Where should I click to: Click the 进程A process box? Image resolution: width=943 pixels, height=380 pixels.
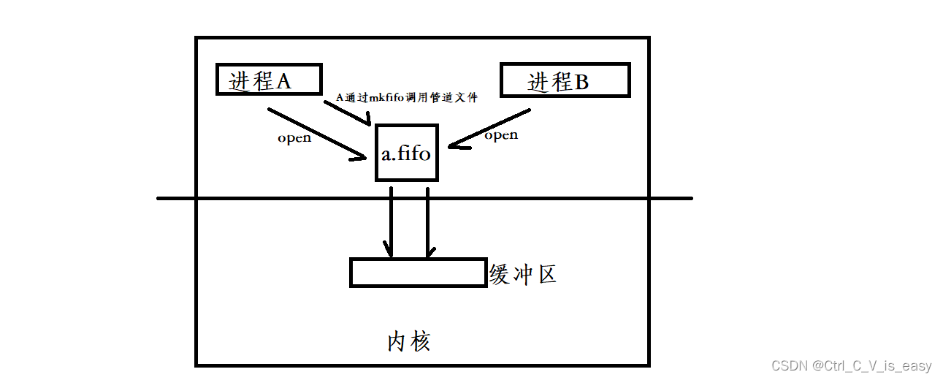(269, 80)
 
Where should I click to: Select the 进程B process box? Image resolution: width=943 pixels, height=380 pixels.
(564, 80)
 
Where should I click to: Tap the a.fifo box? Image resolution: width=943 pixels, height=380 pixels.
(407, 153)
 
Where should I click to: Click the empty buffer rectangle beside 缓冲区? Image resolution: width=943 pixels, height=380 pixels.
(418, 272)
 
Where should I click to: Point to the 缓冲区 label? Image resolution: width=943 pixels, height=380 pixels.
(523, 275)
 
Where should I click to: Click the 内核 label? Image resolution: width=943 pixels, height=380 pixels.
(408, 341)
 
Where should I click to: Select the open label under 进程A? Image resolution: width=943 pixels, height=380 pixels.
(294, 138)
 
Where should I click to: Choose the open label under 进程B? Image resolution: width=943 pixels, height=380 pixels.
(501, 135)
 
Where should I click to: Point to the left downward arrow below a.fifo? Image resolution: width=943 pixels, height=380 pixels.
(392, 223)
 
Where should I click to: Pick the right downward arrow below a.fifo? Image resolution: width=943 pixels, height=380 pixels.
(427, 223)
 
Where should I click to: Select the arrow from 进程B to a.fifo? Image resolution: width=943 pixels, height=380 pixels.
(489, 129)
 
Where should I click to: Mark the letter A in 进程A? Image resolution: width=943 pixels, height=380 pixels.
(283, 81)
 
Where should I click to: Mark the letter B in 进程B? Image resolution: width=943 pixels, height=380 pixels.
(581, 83)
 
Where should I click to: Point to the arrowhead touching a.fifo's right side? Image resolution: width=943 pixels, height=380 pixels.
(454, 146)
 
